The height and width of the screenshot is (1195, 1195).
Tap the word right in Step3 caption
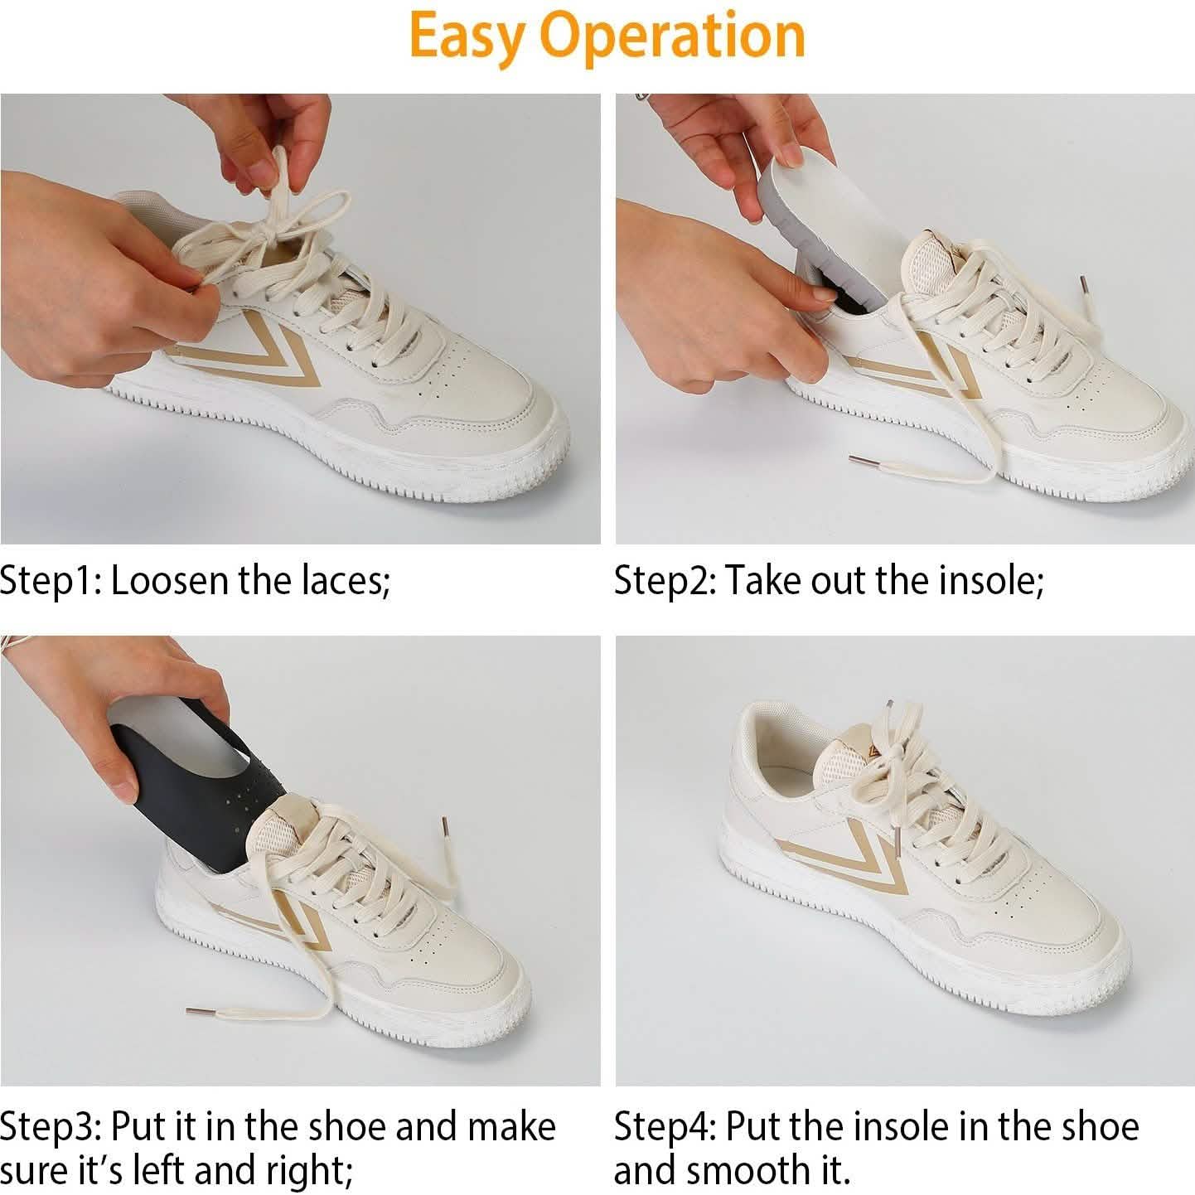pos(307,1171)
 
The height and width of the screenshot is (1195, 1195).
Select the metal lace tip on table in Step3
pos(199,1012)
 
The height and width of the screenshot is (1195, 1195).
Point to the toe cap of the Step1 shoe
pos(481,414)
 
